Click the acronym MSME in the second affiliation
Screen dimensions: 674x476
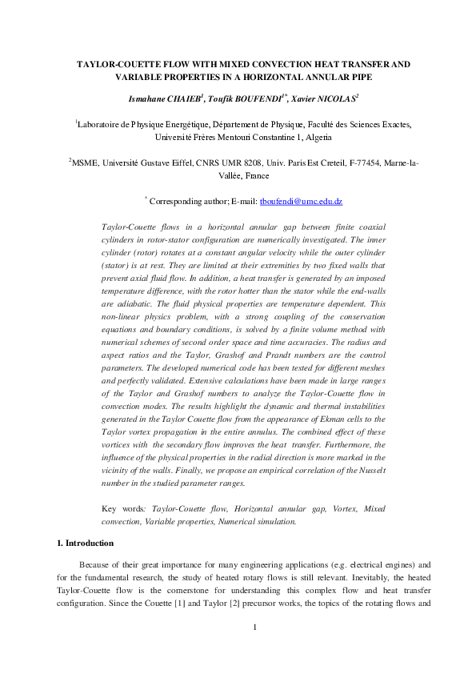point(86,163)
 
